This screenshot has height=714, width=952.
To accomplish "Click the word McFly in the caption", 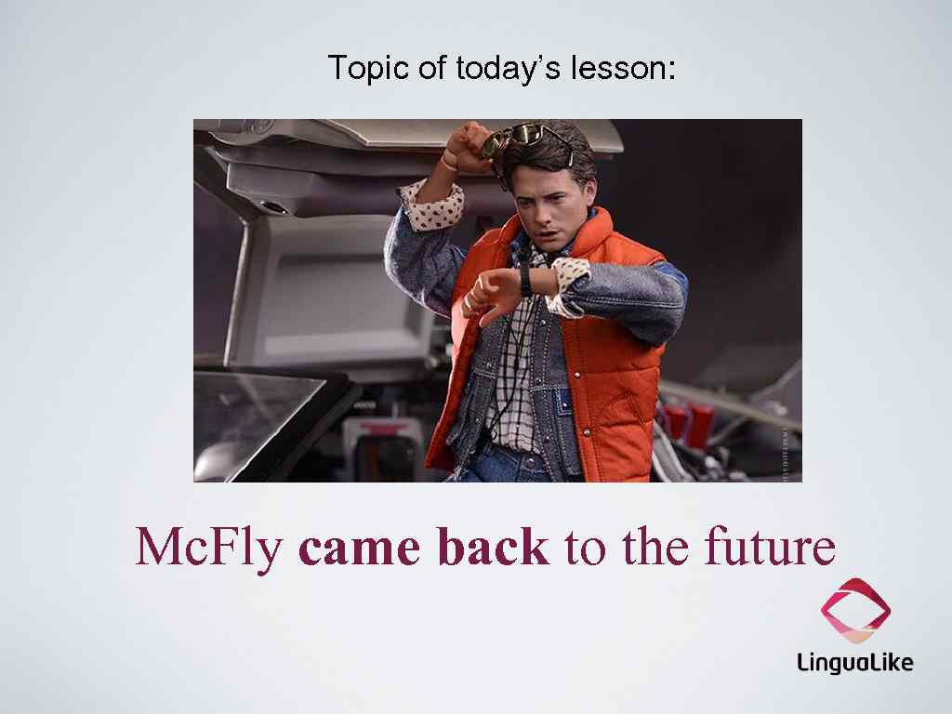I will [x=209, y=547].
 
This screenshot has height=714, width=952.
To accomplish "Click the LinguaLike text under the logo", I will [x=854, y=662].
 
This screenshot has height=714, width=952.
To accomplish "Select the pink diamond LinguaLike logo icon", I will [x=855, y=610].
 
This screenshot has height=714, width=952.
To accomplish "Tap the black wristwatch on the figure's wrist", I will [x=525, y=279].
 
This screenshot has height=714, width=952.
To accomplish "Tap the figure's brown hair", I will [x=572, y=153].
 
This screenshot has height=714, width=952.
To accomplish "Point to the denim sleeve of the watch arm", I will [x=632, y=288].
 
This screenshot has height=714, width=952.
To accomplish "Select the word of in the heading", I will [x=432, y=68].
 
